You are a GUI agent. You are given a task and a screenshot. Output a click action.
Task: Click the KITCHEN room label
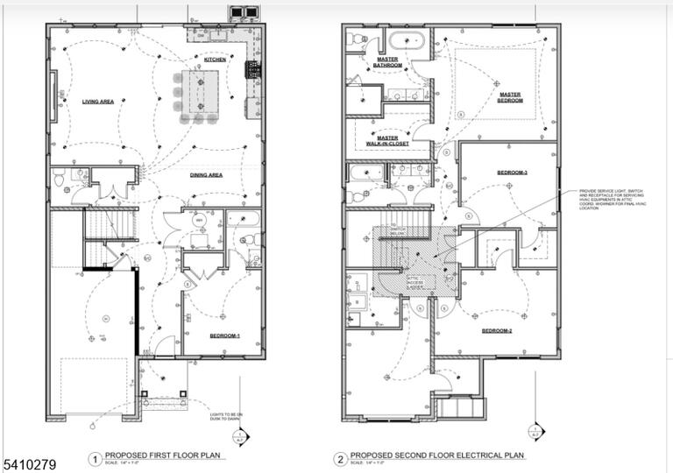tap(216, 60)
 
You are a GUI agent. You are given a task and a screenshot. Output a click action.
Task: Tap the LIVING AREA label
tap(98, 102)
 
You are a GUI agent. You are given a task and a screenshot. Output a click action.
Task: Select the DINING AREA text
tap(206, 175)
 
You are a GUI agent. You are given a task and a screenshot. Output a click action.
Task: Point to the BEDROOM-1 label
tap(225, 335)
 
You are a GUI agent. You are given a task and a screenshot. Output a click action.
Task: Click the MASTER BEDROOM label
tap(510, 97)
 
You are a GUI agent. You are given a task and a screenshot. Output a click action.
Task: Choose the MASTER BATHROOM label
tap(387, 63)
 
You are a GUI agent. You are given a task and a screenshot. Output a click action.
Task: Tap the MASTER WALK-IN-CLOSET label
tap(387, 140)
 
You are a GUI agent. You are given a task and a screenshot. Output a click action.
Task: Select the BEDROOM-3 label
tap(512, 173)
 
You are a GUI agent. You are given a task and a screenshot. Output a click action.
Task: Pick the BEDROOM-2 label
tap(497, 331)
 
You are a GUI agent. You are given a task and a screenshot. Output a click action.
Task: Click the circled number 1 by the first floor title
tap(95, 457)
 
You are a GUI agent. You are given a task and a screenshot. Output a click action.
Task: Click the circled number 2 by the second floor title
tap(339, 457)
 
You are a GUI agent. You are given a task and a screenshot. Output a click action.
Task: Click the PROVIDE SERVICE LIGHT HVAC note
tap(611, 201)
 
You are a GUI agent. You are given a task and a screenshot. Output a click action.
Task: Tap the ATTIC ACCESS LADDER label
tap(415, 282)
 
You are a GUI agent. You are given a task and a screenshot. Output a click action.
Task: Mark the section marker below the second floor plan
tap(535, 429)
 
